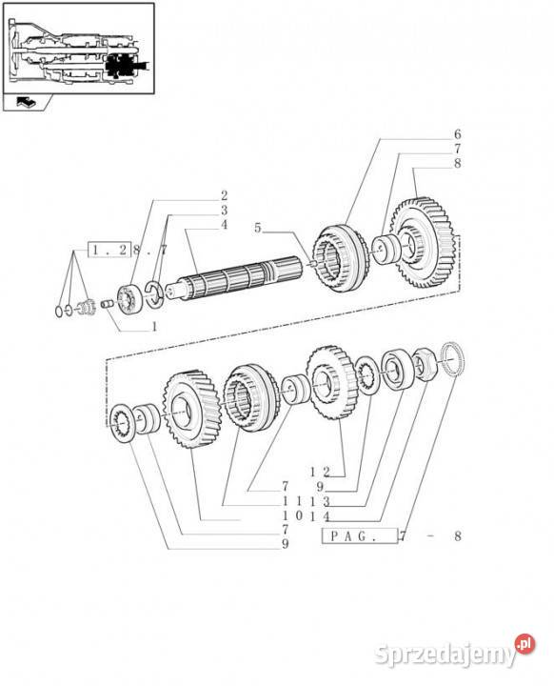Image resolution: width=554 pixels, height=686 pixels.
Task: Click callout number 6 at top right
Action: coord(457,134)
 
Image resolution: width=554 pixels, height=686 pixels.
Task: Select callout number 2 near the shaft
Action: coord(224,195)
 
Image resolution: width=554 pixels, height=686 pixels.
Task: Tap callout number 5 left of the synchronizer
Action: coord(258,228)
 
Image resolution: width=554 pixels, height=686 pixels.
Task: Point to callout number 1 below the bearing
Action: coord(154,327)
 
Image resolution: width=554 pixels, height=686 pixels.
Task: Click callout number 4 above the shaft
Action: coord(224,225)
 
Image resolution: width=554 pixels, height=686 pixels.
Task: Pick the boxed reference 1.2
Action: coord(109,250)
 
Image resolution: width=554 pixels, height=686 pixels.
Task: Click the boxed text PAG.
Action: coord(360,535)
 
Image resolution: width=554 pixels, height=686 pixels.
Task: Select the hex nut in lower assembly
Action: coord(424,364)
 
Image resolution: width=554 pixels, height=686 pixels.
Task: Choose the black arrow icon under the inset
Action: coord(26,103)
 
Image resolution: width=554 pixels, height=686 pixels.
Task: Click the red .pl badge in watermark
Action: coord(524,643)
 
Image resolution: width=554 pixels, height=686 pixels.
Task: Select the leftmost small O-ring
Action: coord(59,312)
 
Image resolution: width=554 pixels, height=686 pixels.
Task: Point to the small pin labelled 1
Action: coord(108,303)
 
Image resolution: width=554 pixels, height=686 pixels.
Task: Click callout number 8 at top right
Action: coord(457,164)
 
